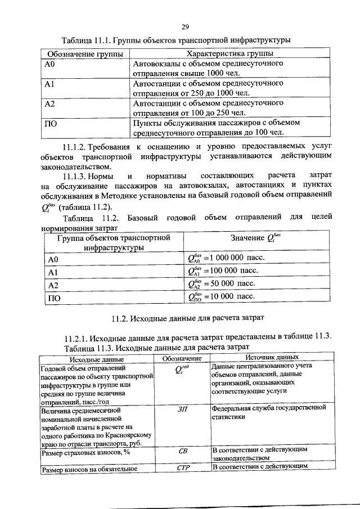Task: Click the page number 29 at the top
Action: click(x=184, y=27)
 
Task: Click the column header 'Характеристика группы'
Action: click(x=226, y=53)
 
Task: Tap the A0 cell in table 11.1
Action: click(x=50, y=64)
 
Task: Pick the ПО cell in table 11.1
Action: click(x=51, y=123)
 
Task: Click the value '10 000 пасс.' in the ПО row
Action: click(x=231, y=296)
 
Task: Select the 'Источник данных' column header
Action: click(x=272, y=357)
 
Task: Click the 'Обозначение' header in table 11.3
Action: click(x=182, y=358)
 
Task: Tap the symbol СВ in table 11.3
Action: click(x=182, y=452)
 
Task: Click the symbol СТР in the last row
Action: click(x=182, y=467)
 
